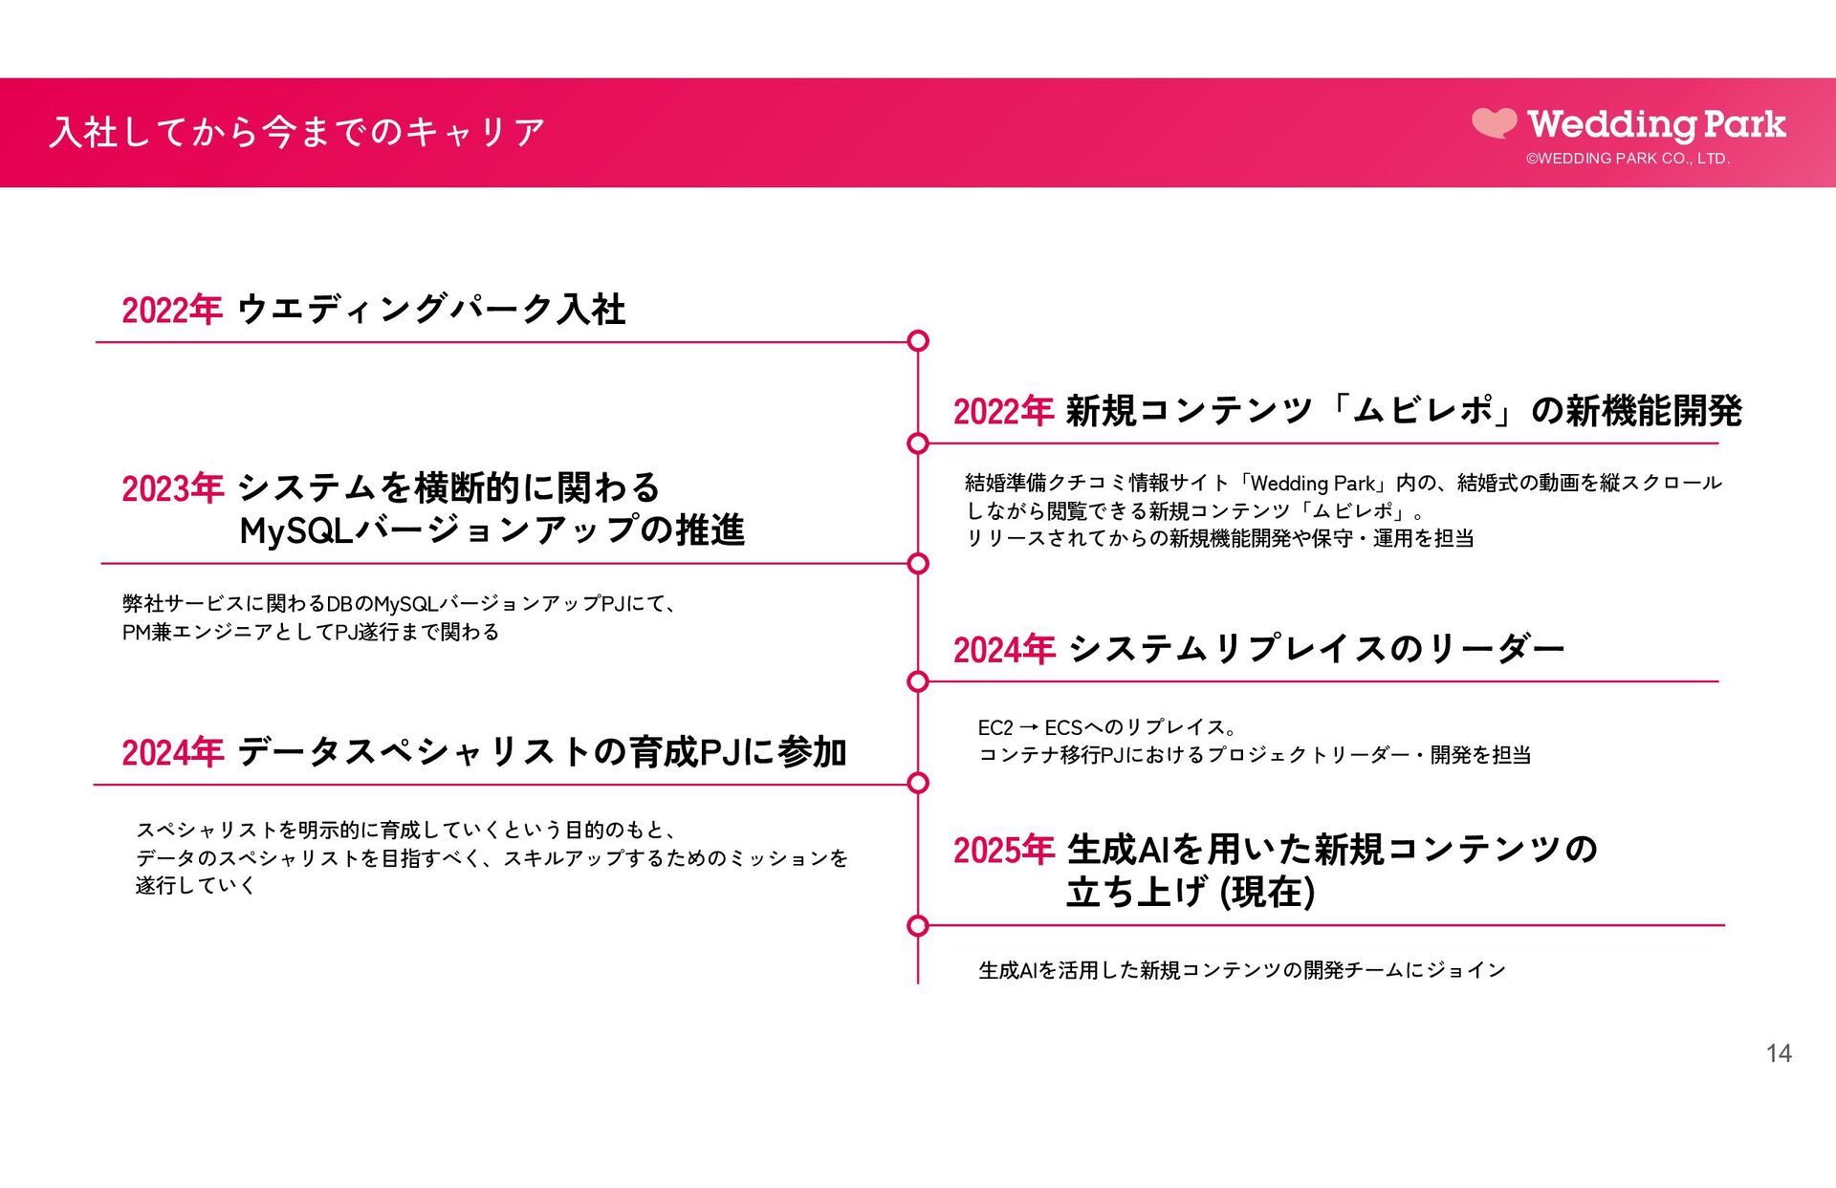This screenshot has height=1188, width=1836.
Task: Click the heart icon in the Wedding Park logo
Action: click(x=1494, y=123)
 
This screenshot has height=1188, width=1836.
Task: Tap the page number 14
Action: click(x=1779, y=1053)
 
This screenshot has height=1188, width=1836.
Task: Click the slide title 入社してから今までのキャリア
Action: click(x=297, y=132)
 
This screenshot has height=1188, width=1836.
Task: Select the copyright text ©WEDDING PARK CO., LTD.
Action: click(x=1628, y=159)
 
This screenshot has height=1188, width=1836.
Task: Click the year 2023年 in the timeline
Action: click(x=172, y=488)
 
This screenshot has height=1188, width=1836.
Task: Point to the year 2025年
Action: click(x=1003, y=850)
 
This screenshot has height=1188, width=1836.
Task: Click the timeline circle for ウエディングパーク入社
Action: click(x=918, y=341)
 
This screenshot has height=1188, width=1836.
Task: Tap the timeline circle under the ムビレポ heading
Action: click(x=918, y=443)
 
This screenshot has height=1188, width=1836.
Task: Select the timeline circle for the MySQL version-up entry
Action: click(x=918, y=564)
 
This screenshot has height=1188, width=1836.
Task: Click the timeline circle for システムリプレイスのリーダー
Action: click(x=918, y=681)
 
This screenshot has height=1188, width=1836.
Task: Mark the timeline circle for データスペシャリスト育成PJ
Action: click(x=918, y=784)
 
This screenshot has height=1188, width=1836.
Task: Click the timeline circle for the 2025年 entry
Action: click(x=918, y=925)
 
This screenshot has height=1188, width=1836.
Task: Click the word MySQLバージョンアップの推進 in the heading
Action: click(x=492, y=530)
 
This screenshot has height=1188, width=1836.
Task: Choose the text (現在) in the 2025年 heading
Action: click(x=1268, y=893)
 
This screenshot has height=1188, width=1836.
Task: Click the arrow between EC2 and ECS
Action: click(x=1029, y=727)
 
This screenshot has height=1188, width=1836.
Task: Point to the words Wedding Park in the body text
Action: click(x=1312, y=484)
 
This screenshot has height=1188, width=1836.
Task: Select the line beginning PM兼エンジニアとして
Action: click(x=311, y=632)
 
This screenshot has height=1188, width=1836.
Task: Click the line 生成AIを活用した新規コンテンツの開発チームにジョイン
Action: click(x=1242, y=971)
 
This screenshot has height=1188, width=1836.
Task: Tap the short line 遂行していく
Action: click(x=196, y=886)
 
